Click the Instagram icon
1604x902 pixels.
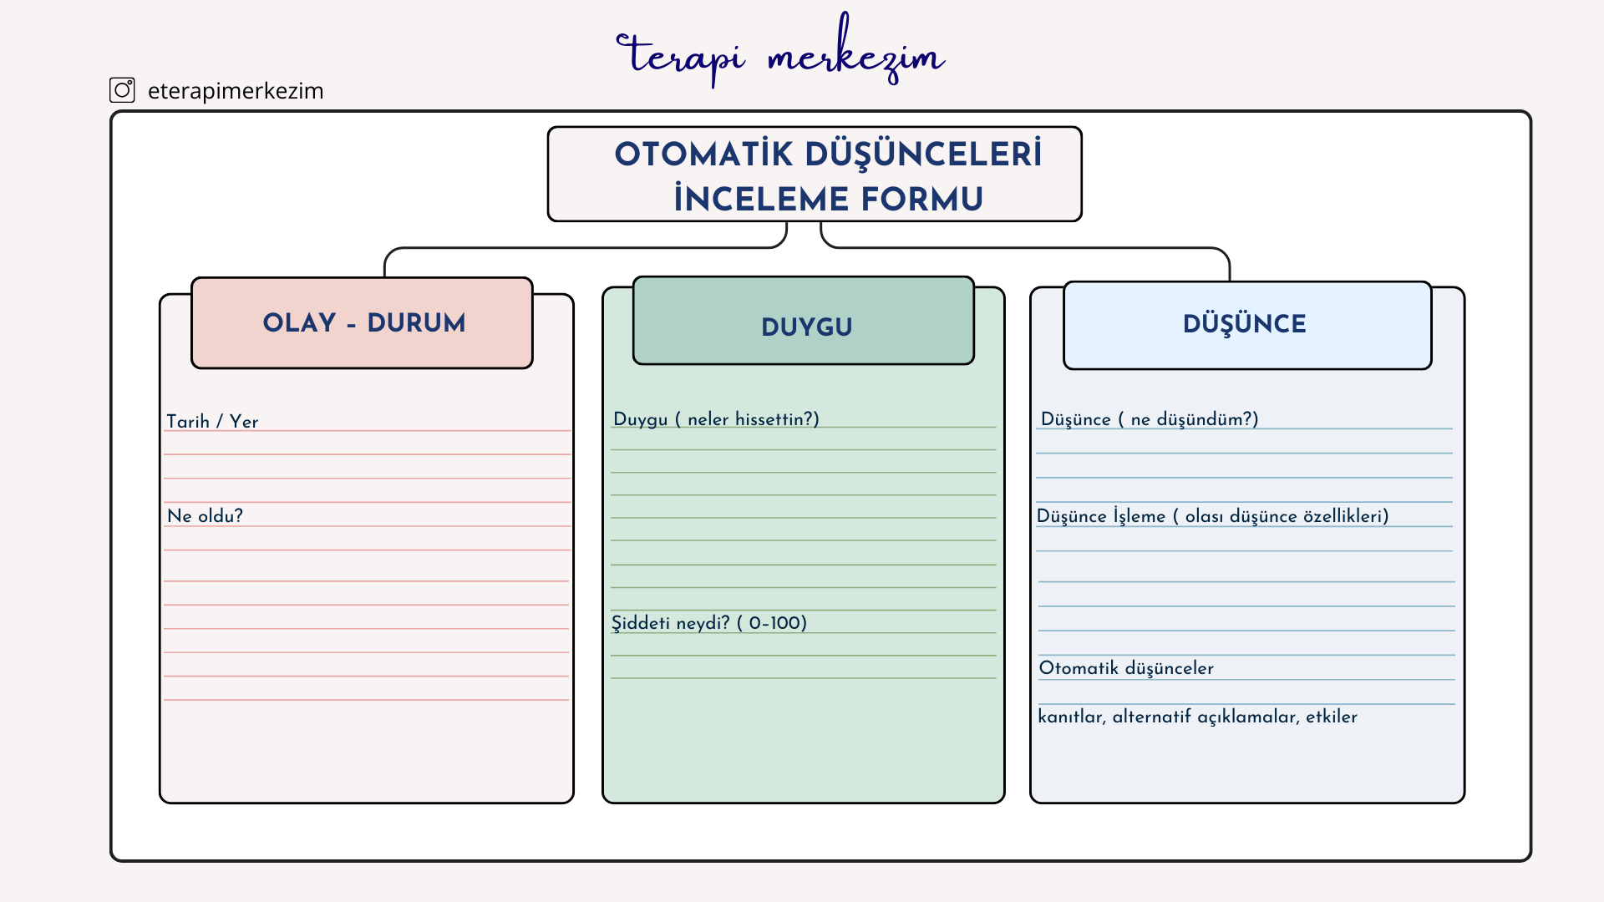122,90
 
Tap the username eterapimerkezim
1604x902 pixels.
236,91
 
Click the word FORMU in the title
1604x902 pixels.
922,200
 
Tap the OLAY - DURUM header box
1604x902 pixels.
362,323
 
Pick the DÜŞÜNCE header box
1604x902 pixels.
1247,326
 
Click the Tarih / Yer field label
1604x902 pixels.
212,422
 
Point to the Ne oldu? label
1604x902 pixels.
205,516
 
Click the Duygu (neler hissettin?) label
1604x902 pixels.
716,419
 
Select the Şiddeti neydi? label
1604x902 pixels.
670,623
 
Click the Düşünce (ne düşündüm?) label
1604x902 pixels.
1150,419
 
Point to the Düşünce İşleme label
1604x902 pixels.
1101,516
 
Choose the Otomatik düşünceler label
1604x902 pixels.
1126,668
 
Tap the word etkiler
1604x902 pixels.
1332,717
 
